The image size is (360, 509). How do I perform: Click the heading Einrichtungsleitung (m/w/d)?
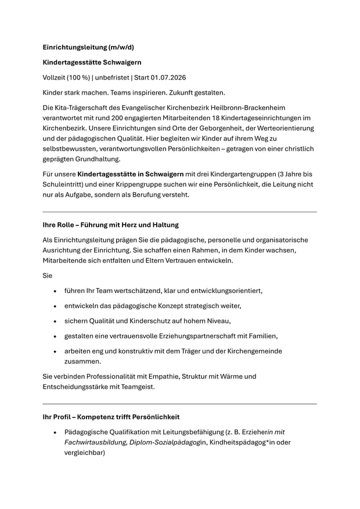pyautogui.click(x=88, y=47)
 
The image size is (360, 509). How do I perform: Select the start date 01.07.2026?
pyautogui.click(x=170, y=77)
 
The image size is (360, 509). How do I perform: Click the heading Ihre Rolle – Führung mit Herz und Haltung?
pyautogui.click(x=110, y=225)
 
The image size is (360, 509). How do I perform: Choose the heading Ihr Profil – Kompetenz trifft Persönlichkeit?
pyautogui.click(x=111, y=417)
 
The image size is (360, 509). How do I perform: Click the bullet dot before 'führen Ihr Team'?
pyautogui.click(x=55, y=291)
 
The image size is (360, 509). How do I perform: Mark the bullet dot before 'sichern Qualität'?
pyautogui.click(x=55, y=321)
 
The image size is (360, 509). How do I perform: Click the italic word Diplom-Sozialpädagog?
pyautogui.click(x=165, y=442)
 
